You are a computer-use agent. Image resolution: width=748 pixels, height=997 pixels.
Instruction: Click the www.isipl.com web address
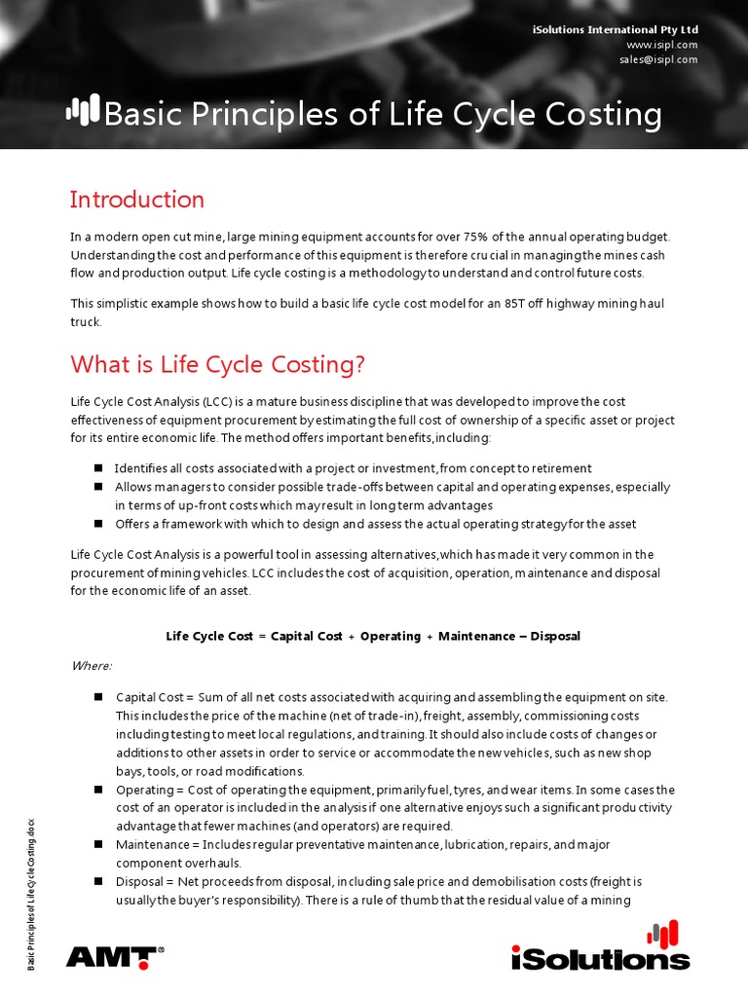(662, 45)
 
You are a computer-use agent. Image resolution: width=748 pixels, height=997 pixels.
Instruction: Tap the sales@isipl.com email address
(658, 59)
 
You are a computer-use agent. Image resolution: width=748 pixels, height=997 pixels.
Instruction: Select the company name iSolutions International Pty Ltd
(616, 30)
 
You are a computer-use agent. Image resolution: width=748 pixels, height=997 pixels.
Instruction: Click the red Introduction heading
(137, 200)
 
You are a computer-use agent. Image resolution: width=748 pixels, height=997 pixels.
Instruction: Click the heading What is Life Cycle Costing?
(217, 364)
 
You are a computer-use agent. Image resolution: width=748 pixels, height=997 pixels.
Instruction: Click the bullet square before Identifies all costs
(98, 467)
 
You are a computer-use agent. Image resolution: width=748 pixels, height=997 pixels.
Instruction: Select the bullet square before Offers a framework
(98, 523)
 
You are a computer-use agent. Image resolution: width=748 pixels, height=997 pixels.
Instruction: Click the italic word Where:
(92, 666)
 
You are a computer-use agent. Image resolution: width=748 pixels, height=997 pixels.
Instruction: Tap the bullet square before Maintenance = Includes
(98, 843)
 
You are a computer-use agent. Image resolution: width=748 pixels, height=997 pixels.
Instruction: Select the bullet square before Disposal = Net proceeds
(98, 880)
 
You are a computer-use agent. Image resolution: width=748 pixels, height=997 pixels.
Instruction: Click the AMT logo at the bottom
(115, 956)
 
